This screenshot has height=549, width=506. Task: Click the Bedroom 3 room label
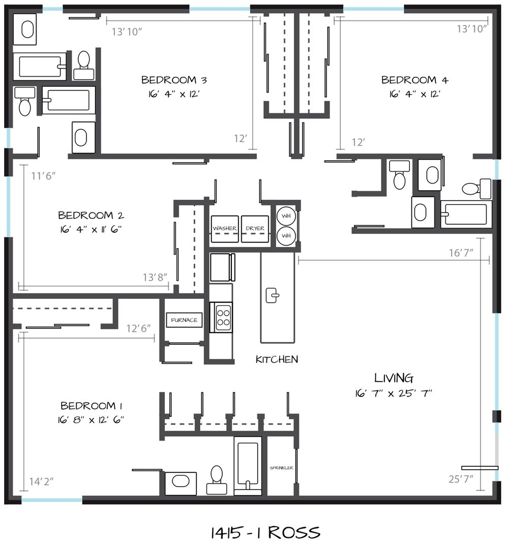tap(174, 80)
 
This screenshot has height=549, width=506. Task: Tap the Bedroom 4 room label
tap(414, 80)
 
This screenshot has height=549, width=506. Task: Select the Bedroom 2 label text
tap(91, 215)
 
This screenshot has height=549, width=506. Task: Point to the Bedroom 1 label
tap(92, 406)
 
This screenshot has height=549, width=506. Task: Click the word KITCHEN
tap(277, 359)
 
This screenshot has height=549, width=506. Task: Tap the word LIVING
tap(394, 378)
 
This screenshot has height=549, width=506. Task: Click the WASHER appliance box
tap(224, 229)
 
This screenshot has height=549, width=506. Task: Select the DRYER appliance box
tap(255, 229)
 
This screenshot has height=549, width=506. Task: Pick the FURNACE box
tap(184, 320)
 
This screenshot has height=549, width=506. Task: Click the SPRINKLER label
tap(281, 468)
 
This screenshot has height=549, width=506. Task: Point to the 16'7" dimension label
tap(461, 253)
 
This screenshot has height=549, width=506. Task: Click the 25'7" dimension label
tap(461, 479)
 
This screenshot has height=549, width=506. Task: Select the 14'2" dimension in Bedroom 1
tap(41, 481)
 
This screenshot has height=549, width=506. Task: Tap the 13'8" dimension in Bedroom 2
tap(155, 278)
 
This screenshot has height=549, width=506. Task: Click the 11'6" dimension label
tap(43, 175)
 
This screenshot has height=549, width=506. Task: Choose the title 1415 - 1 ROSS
tap(265, 533)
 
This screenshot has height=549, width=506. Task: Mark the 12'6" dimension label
tap(139, 328)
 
